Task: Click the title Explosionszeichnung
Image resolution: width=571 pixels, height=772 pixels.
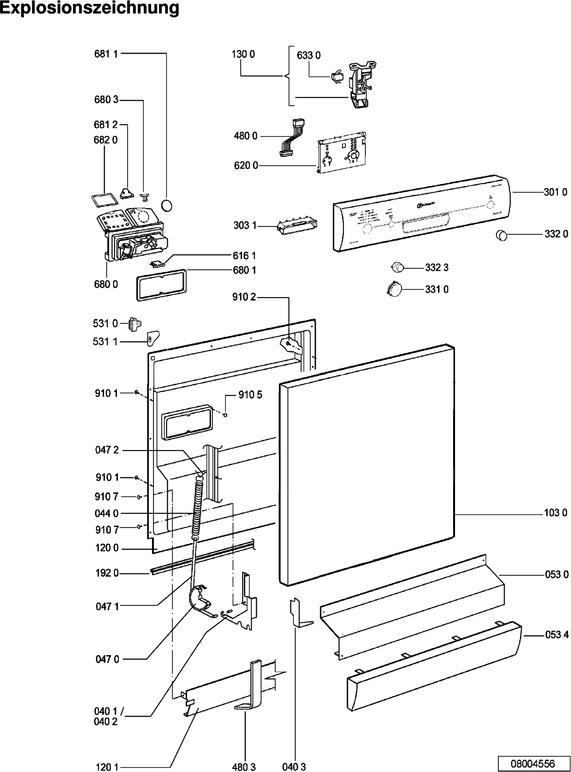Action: tap(90, 9)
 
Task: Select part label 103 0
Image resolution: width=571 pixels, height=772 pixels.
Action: tap(555, 513)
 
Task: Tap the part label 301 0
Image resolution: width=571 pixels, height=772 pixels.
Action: tap(555, 192)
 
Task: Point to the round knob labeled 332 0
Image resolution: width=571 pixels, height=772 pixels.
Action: tap(501, 236)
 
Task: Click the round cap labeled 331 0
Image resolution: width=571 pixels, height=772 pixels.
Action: tap(394, 288)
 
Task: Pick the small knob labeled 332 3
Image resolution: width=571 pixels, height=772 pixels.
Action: tap(399, 266)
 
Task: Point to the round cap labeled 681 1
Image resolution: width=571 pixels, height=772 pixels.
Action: tap(167, 205)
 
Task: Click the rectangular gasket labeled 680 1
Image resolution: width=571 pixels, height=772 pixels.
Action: tap(158, 283)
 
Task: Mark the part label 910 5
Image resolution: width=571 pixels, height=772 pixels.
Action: tap(250, 395)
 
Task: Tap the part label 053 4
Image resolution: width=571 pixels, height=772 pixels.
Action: tap(556, 635)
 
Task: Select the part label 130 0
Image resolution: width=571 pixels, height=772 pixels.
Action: tap(243, 55)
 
